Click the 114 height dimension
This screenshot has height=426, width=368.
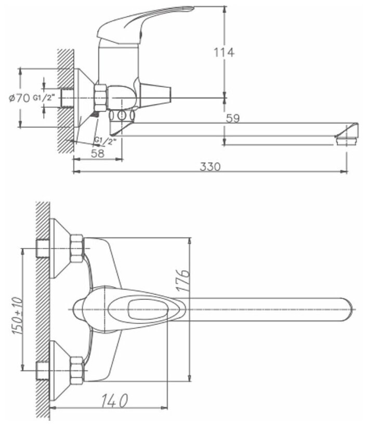(224, 52)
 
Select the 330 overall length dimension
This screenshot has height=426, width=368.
(211, 166)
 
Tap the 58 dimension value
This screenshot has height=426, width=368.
(97, 153)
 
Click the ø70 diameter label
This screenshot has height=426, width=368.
(20, 97)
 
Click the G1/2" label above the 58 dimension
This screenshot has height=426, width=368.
(106, 140)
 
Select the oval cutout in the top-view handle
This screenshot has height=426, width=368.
(138, 310)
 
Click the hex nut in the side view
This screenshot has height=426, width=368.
(100, 97)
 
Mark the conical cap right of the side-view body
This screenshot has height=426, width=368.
(157, 95)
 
